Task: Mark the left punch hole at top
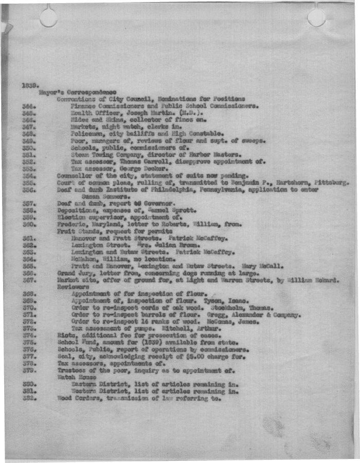pyautogui.click(x=48, y=17)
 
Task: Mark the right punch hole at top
pyautogui.click(x=316, y=16)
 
